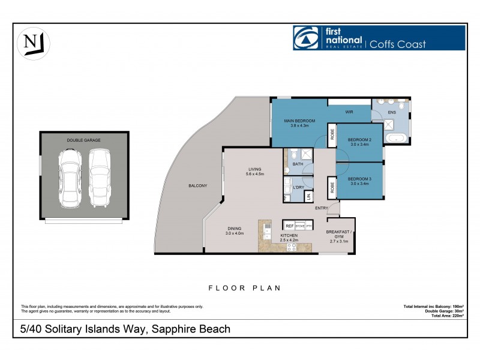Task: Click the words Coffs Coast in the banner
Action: [x=398, y=44]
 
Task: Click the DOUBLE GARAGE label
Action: [x=83, y=140]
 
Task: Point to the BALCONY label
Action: [x=197, y=185]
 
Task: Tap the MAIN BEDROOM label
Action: [x=299, y=121]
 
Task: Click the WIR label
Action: [x=349, y=112]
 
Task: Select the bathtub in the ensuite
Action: [x=397, y=139]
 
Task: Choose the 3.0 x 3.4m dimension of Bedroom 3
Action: [x=361, y=184]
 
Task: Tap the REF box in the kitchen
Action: [x=290, y=226]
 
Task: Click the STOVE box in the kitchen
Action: [x=301, y=226]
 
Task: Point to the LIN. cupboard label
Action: [x=308, y=196]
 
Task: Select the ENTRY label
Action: [x=322, y=208]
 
